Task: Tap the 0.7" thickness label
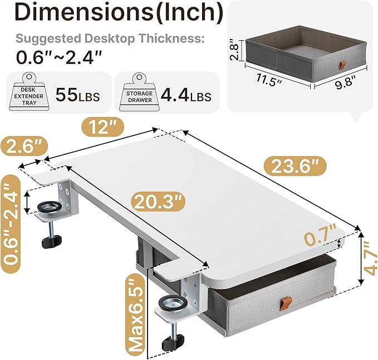pyautogui.click(x=320, y=235)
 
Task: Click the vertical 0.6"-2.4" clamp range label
pyautogui.click(x=12, y=222)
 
